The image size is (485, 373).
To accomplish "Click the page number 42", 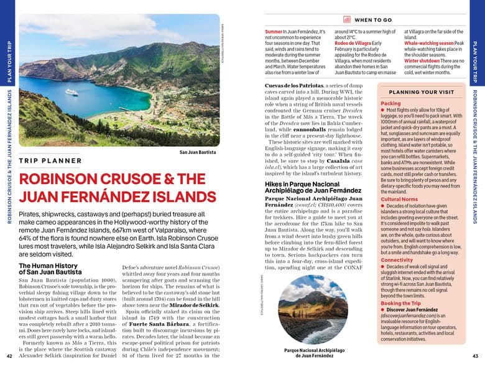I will click(x=9, y=356).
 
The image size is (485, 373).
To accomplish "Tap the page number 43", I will click(x=475, y=356).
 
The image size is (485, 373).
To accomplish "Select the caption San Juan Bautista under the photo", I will click(x=198, y=152).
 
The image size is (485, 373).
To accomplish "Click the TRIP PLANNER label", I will click(x=50, y=161).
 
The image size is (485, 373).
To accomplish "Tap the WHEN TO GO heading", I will click(x=373, y=20).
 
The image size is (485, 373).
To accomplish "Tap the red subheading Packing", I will click(x=390, y=103).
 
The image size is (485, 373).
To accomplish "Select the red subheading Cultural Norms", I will click(x=400, y=199).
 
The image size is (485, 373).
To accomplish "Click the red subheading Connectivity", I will click(x=397, y=260).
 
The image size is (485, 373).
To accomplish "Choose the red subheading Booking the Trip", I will click(x=401, y=302).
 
